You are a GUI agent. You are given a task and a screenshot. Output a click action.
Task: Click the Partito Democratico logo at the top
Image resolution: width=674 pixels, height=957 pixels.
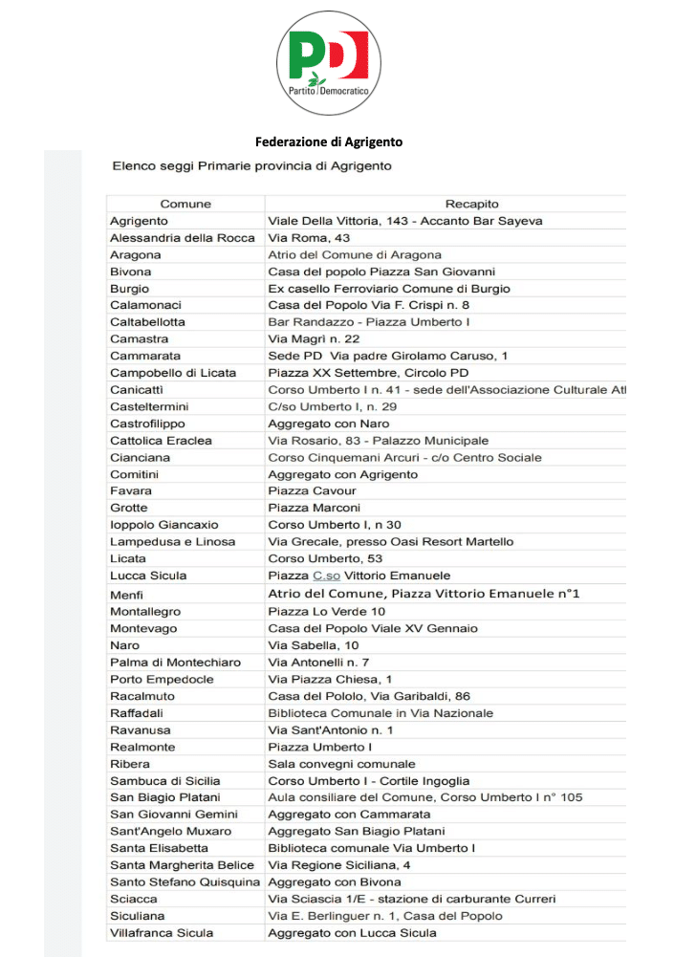pyautogui.click(x=328, y=56)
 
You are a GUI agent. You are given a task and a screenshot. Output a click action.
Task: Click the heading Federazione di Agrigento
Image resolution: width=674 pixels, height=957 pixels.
pyautogui.click(x=329, y=141)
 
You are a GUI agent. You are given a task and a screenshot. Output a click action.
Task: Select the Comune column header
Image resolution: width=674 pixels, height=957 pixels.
pyautogui.click(x=185, y=204)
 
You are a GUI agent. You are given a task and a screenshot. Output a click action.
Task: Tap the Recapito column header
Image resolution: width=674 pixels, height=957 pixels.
pyautogui.click(x=472, y=204)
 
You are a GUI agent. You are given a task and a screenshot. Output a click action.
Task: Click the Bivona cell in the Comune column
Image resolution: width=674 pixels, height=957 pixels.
pyautogui.click(x=131, y=272)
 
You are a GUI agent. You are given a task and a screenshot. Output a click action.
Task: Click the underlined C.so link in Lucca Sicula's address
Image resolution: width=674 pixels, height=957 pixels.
pyautogui.click(x=326, y=576)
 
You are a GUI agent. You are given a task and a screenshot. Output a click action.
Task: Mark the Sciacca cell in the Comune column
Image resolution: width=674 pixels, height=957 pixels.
pyautogui.click(x=133, y=899)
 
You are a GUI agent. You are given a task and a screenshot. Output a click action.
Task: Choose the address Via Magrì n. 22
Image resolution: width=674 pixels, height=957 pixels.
pyautogui.click(x=308, y=339)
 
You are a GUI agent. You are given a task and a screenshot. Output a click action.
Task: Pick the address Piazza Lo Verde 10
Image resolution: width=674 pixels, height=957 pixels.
pyautogui.click(x=327, y=611)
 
